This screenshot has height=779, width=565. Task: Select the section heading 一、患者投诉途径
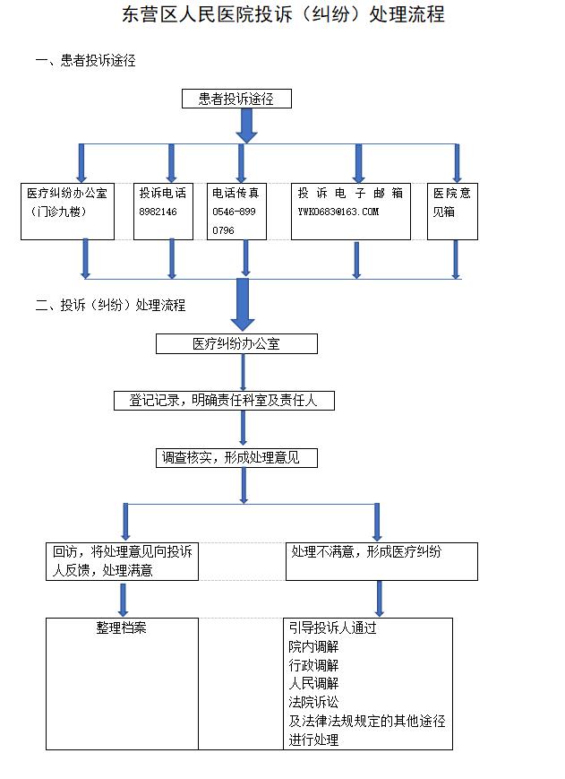coord(86,61)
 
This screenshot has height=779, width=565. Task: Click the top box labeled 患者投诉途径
coord(236,99)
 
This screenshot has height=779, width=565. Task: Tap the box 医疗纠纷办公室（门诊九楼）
coord(67,212)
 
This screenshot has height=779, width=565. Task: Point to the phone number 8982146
coord(158,212)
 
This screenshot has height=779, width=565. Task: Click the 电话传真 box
coord(236,212)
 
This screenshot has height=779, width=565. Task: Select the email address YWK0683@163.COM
coord(338,212)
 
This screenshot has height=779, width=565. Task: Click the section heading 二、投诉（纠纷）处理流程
coord(110,305)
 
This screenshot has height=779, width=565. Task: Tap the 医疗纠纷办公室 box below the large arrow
coord(236,343)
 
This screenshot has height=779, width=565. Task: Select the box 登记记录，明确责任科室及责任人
coord(224,401)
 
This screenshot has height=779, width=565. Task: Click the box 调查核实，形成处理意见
coord(236,458)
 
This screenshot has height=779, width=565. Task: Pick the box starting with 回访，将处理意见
coord(122,561)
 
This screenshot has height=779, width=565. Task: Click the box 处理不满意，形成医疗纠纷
coord(381,561)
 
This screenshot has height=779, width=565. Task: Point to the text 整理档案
coord(122,628)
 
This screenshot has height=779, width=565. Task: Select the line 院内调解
coord(313,646)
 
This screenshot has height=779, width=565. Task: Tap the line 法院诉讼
coord(313,702)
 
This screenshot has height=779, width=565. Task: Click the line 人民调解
coord(313,683)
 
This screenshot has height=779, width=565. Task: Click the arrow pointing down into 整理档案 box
coord(123,599)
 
